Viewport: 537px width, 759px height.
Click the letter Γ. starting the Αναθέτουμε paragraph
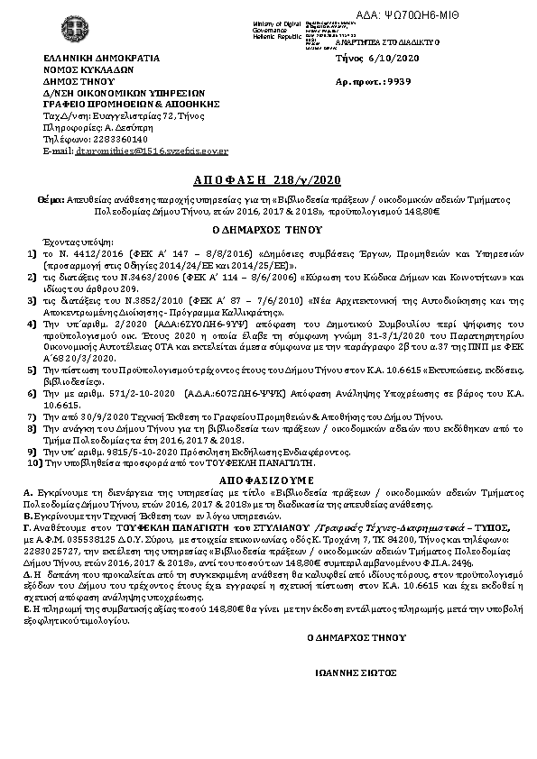coord(28,526)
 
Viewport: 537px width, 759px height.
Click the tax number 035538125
coord(105,536)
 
